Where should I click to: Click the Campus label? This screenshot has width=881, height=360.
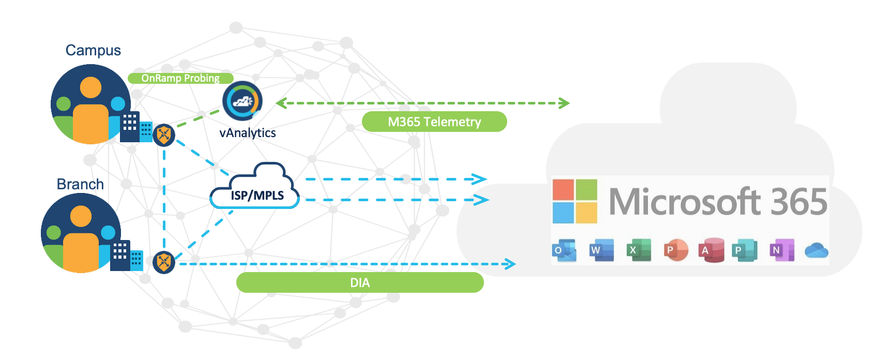pos(93,50)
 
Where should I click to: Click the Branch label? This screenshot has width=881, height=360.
pos(80,184)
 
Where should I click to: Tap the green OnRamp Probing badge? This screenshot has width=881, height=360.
pos(180,78)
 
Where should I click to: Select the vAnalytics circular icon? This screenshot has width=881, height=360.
pos(242,101)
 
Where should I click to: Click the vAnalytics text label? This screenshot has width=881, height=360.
pos(248,133)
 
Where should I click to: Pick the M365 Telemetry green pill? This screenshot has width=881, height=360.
pos(434,122)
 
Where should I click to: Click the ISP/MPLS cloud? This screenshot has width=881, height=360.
pos(255,188)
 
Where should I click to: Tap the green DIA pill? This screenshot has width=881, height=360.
pos(360,283)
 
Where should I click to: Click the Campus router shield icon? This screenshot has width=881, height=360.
pos(164,135)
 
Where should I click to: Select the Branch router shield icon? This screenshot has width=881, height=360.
pos(164,262)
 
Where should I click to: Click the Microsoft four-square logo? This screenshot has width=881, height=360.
pos(575,201)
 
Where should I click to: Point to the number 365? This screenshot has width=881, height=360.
pos(799,201)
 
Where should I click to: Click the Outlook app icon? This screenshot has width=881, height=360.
pos(564,250)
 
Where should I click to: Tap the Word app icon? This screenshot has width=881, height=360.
pos(602,250)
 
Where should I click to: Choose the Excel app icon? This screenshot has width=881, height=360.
pos(639,250)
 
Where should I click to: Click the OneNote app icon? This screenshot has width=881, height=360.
pos(782,250)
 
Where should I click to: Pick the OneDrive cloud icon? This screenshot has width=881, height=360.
pos(816,251)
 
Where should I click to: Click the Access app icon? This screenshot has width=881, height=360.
pos(711,250)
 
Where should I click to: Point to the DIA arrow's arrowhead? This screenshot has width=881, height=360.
pos(511,264)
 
